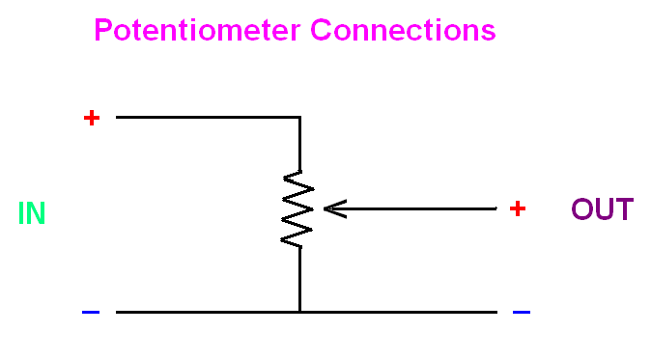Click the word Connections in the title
[403, 30]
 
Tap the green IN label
[32, 213]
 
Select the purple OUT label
[603, 209]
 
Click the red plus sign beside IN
[92, 118]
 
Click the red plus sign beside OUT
[518, 208]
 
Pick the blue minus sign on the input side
[91, 312]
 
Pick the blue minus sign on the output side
[522, 312]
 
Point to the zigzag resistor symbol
[297, 209]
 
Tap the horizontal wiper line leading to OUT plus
[410, 208]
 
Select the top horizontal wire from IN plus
[208, 118]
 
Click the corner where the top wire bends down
[299, 118]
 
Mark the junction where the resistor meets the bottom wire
[299, 312]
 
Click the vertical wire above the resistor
[299, 145]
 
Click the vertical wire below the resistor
[299, 279]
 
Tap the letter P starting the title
[103, 30]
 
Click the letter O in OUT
[582, 209]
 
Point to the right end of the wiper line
[496, 208]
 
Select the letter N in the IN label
[36, 213]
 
